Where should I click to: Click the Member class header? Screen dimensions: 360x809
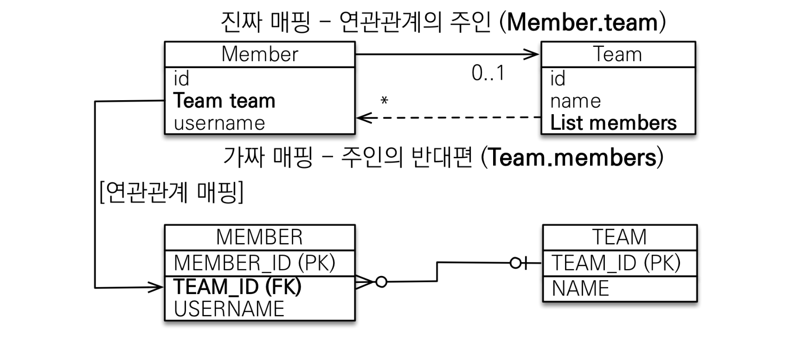pos(259,54)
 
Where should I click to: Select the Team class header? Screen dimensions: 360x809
pos(617,54)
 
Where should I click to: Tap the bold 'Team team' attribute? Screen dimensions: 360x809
pos(225,101)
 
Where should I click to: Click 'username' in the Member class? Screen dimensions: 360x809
pos(219,123)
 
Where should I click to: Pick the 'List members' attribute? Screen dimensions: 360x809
pos(613,123)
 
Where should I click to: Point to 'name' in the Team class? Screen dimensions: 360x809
pos(575,101)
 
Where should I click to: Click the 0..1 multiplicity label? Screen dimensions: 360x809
pos(488,73)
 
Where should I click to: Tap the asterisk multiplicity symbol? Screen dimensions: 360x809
pos(384,101)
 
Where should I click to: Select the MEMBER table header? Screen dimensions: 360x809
pos(259,237)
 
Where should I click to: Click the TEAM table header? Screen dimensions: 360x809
pos(619,237)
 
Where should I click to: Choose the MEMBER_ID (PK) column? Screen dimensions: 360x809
pos(254,263)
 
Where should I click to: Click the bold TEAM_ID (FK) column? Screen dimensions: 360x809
pos(238,286)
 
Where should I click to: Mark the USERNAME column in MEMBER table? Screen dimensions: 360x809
pos(229,309)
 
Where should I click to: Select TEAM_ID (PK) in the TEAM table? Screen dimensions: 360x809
pos(616,263)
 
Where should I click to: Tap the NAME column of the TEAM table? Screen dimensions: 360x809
pos(580,289)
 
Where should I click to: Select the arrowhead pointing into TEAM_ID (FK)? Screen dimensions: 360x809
pos(156,288)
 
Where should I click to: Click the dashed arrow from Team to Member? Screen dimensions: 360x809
pos(448,118)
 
